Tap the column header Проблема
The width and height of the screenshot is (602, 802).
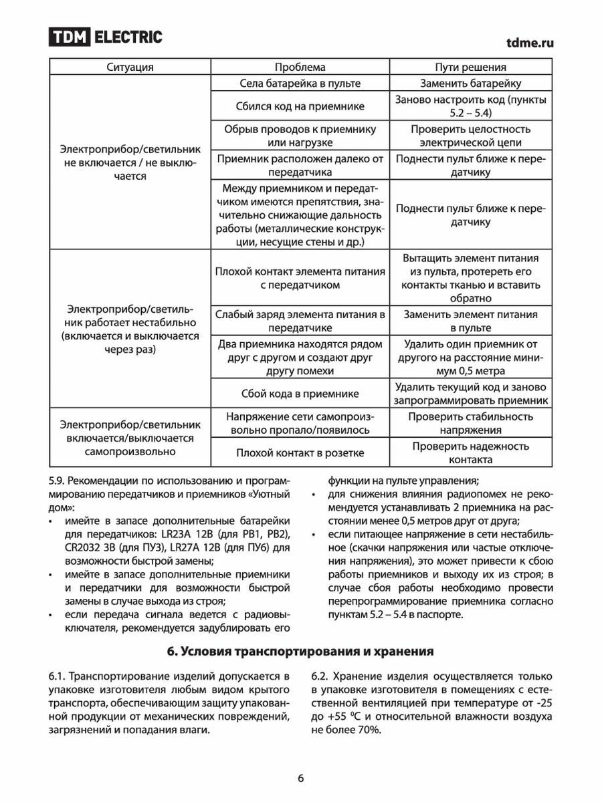[x=300, y=67]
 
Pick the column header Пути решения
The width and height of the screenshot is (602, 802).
[x=471, y=67]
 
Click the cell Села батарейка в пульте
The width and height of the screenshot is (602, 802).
[x=300, y=84]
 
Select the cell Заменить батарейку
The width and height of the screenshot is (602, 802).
[x=471, y=84]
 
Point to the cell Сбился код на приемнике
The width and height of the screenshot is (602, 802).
[x=300, y=106]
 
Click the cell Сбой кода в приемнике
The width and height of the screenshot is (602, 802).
[x=300, y=394]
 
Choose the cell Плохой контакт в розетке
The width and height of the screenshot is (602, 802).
[x=300, y=453]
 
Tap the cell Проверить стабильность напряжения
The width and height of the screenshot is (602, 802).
[x=471, y=423]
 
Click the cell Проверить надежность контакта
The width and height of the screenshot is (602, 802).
[x=471, y=453]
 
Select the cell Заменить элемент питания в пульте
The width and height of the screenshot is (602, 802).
[x=471, y=321]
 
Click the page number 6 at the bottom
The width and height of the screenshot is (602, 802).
[x=300, y=778]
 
